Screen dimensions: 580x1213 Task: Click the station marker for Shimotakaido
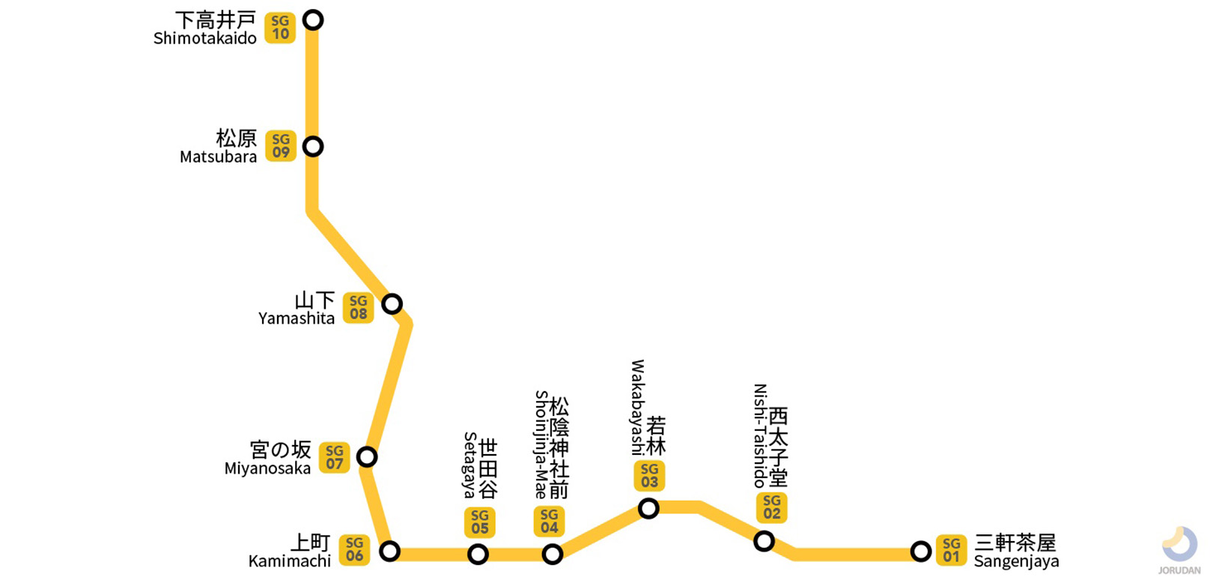313,19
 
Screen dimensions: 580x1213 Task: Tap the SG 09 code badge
281,146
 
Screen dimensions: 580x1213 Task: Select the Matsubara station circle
313,146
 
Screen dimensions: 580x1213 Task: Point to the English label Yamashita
297,318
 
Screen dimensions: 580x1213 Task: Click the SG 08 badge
359,307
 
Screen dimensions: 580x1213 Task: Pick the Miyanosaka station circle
367,456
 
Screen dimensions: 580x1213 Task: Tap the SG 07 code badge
335,457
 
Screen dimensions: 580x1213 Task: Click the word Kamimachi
290,561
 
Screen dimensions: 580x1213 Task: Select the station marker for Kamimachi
389,552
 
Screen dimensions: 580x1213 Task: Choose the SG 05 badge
480,522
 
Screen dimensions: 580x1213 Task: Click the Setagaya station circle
478,555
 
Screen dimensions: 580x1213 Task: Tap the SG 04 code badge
550,522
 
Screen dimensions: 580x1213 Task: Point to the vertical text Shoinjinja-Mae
541,445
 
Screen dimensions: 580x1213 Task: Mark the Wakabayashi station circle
648,509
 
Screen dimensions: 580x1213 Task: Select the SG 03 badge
649,476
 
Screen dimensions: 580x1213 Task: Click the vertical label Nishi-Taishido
760,435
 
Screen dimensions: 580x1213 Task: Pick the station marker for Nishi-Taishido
764,540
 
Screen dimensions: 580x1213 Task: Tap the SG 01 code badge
951,550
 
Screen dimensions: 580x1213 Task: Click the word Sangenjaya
1016,562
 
